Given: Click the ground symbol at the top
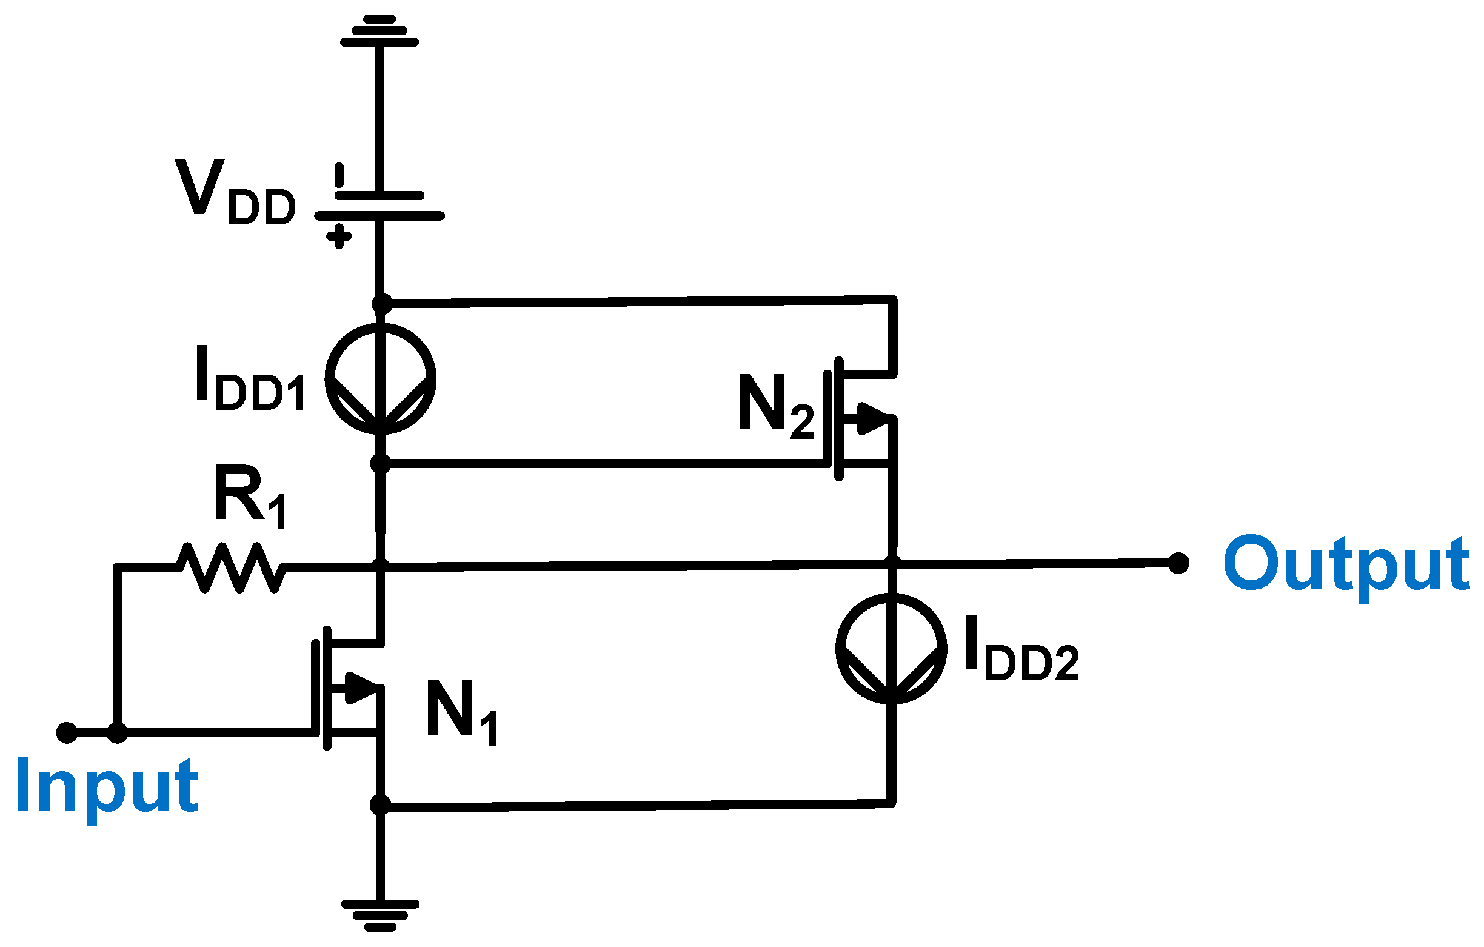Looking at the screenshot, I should coord(379,31).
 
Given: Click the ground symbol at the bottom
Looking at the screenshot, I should coord(381,915).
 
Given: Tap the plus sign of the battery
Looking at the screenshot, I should coord(339,236).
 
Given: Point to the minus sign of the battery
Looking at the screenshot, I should coord(339,175).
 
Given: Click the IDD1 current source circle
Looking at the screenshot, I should coord(381,378).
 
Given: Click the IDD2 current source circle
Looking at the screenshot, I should coord(891,649).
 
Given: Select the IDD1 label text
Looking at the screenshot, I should coord(250,379).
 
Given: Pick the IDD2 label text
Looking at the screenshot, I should coord(1021,649).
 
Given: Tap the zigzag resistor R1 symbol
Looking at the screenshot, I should coord(231,568).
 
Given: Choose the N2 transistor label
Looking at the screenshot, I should coord(775,407).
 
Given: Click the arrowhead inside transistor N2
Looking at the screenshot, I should coord(873,418).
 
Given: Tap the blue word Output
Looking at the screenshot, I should coord(1346,566).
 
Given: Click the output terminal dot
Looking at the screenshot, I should coord(1178,563).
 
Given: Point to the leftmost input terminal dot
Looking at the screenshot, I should coord(67,733).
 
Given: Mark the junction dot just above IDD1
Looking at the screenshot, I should coord(382,304).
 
